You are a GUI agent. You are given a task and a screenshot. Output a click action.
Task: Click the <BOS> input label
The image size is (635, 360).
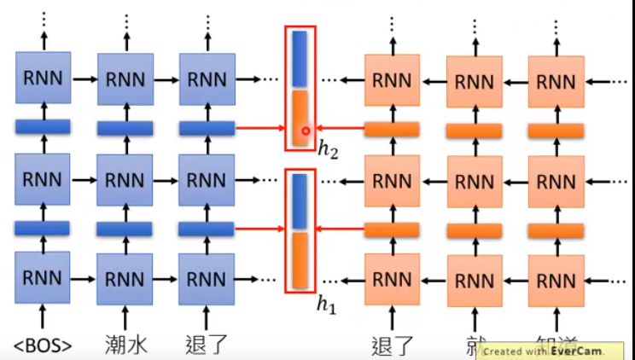(43, 345)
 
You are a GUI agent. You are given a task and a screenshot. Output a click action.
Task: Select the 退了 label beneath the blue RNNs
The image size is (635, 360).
(207, 345)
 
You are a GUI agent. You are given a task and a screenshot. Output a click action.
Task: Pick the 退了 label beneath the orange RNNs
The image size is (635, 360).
(393, 345)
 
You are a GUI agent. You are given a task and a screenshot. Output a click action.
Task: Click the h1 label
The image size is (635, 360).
(328, 305)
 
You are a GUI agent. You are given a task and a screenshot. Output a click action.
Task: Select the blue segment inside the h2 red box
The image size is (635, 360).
(300, 59)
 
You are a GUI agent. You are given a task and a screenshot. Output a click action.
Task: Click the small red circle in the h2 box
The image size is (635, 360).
(303, 131)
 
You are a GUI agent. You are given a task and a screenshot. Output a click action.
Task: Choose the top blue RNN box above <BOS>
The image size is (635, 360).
(43, 79)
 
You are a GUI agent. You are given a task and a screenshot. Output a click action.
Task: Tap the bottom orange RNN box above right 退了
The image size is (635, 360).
(393, 278)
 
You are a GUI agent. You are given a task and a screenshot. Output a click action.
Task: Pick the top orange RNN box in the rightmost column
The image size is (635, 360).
(556, 81)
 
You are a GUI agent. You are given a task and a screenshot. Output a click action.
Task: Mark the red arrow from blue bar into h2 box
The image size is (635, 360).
(259, 129)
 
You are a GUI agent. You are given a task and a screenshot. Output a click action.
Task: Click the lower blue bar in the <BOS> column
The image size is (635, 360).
(43, 228)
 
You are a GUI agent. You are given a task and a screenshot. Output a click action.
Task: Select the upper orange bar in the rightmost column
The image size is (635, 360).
(556, 131)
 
